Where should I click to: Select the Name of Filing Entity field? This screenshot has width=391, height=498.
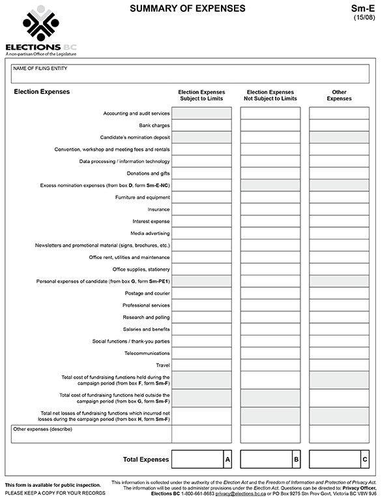190,74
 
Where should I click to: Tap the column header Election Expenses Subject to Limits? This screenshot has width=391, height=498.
201,95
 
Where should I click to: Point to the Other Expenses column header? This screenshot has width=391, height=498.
339,95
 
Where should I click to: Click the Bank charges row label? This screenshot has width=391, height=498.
154,125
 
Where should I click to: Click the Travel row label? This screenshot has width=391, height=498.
162,365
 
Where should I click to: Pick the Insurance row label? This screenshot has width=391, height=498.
158,210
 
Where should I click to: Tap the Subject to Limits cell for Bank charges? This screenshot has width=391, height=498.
201,125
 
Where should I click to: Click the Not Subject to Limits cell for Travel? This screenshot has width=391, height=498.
270,365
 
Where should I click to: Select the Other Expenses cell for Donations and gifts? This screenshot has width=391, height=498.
339,173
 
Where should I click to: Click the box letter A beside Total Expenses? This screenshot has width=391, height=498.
227,459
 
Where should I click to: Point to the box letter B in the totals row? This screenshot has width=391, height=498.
296,459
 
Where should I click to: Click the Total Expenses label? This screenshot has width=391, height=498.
146,459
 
